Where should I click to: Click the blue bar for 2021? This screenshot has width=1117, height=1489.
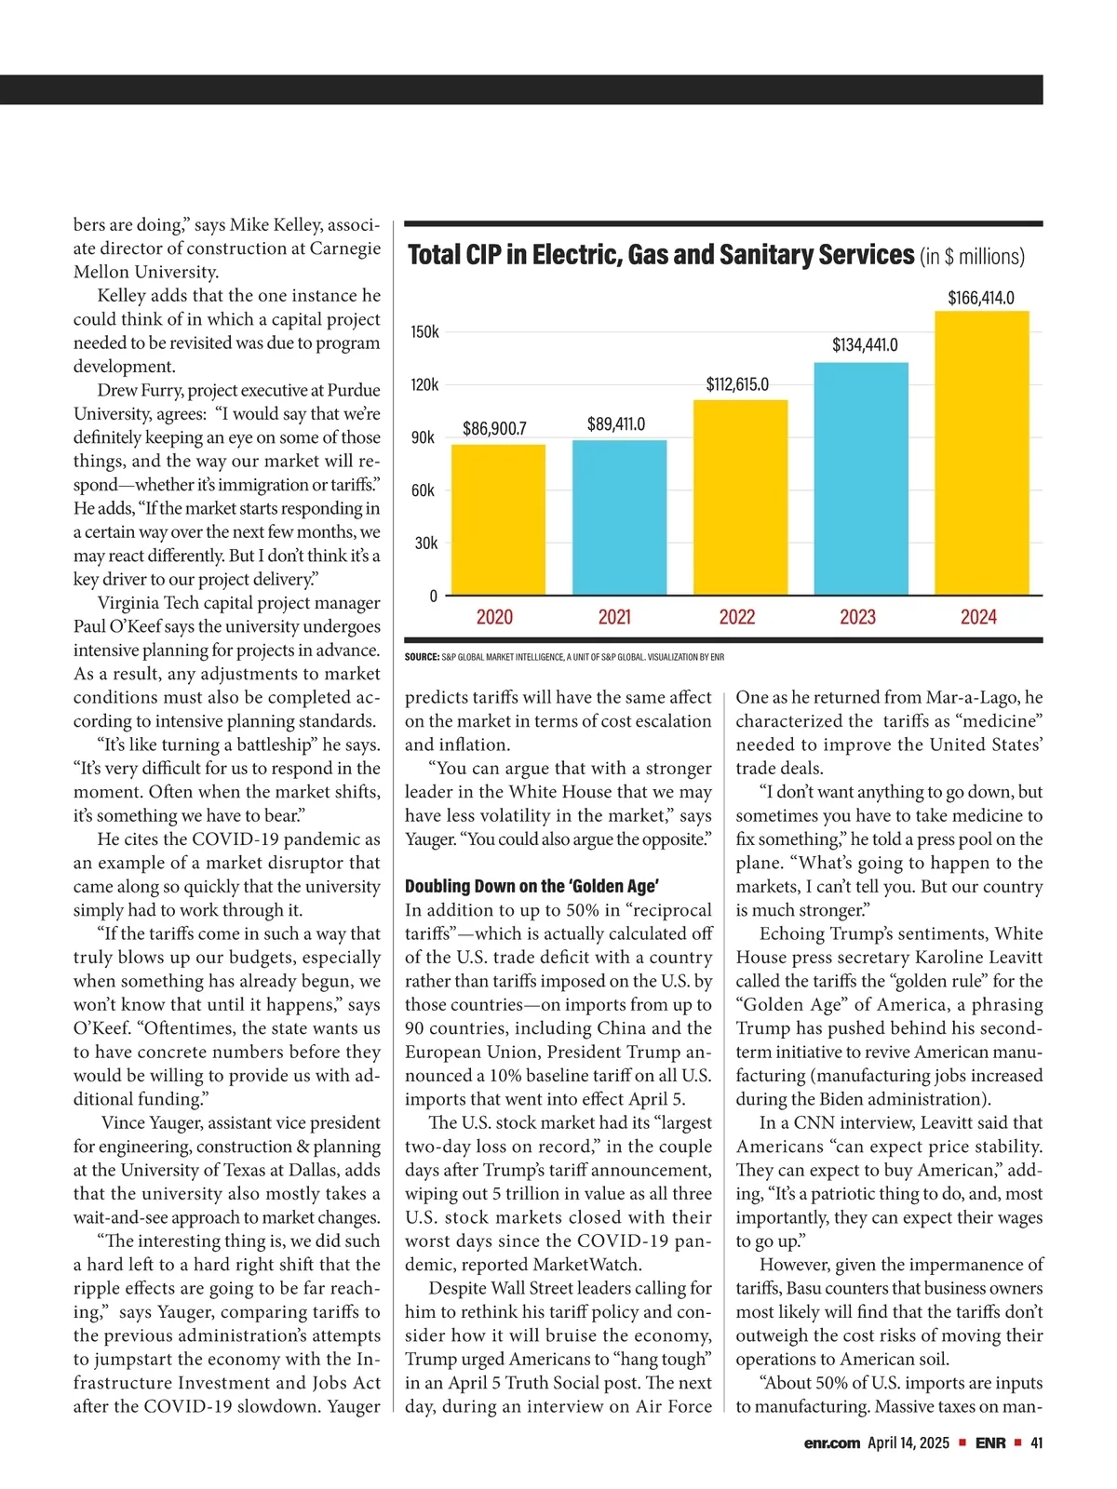[619, 517]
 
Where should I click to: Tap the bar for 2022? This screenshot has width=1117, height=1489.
[740, 497]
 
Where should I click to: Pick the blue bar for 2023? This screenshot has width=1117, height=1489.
[861, 478]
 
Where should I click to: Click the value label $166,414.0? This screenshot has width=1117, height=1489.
[981, 298]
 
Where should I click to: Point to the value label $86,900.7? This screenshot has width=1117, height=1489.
[494, 428]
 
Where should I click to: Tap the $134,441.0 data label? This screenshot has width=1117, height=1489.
[865, 345]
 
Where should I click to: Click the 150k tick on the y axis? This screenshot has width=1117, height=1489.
[424, 332]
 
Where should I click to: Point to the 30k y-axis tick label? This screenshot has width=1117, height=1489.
[425, 543]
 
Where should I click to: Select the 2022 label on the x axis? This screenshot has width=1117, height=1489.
[737, 617]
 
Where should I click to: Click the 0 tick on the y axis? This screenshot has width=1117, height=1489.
[433, 596]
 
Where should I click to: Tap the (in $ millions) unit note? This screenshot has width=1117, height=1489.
[972, 257]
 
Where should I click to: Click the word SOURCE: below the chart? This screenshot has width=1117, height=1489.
[422, 657]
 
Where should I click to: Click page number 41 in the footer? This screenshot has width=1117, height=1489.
[1037, 1442]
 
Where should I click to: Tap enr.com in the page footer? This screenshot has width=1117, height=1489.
[832, 1442]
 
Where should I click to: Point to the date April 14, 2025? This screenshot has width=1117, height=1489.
[908, 1442]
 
